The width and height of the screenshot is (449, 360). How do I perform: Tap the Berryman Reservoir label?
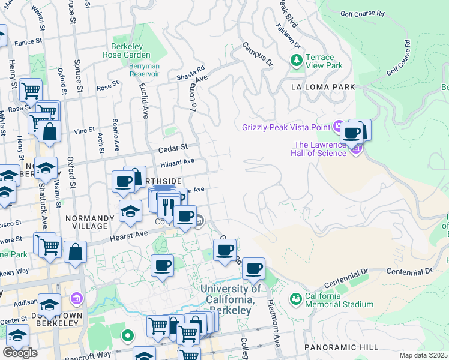pos(144,70)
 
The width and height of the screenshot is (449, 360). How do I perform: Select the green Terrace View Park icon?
pos(295,60)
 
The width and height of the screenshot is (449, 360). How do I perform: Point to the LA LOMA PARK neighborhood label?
pos(323,87)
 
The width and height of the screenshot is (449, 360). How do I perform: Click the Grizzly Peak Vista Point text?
pos(286,127)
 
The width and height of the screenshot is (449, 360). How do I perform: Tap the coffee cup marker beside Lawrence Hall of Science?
pos(352,133)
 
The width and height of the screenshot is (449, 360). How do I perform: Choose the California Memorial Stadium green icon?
pos(295,298)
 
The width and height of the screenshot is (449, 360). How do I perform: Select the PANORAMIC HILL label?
pos(341,347)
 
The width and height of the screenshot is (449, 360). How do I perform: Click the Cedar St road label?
pos(173,146)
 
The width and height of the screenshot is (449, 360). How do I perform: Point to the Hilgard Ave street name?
pos(177,162)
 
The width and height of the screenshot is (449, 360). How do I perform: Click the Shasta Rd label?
pos(191,74)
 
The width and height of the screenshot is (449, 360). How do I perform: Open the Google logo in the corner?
pos(20,353)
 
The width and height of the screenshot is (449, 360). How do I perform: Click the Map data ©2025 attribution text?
pos(423,355)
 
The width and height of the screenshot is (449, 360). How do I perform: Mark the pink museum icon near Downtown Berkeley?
pos(76,298)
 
